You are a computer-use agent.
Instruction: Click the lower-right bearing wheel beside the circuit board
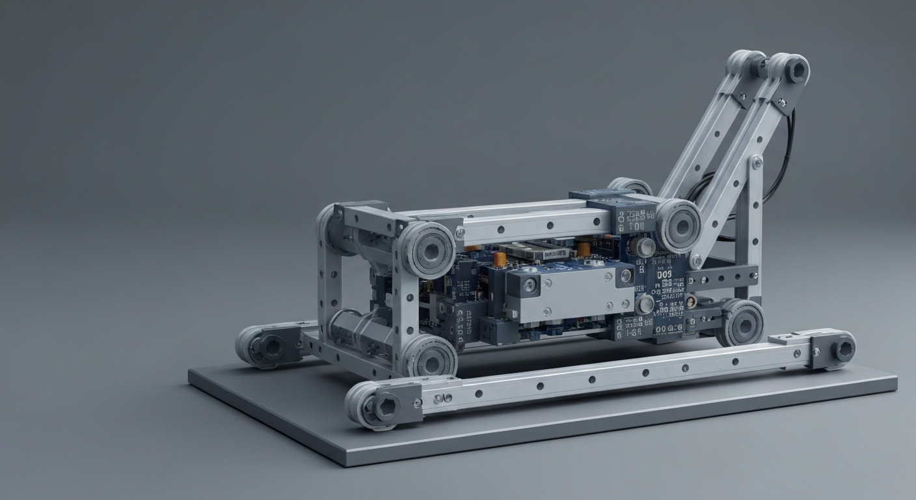tap(741, 323)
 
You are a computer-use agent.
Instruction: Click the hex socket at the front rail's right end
tap(844, 350)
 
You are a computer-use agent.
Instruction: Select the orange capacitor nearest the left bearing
tap(500, 259)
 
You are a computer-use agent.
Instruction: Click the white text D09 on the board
tap(664, 275)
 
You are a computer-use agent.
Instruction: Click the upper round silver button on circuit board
tap(646, 245)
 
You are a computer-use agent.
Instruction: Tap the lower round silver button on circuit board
tap(645, 303)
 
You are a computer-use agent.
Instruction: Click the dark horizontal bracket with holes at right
tap(722, 277)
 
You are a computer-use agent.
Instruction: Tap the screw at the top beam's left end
tap(460, 230)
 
